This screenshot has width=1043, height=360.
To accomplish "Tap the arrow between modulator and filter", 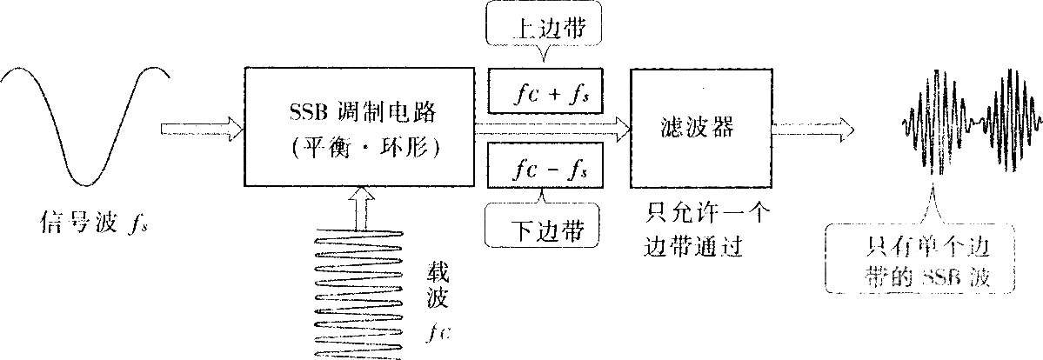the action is tap(552, 127).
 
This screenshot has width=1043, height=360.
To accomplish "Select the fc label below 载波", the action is tap(437, 333).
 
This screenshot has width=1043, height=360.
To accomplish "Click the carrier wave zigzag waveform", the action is tap(360, 294).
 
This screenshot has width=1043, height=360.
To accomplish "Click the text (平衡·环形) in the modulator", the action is tap(360, 149).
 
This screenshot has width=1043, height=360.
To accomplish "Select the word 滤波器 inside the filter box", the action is tap(702, 127).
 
